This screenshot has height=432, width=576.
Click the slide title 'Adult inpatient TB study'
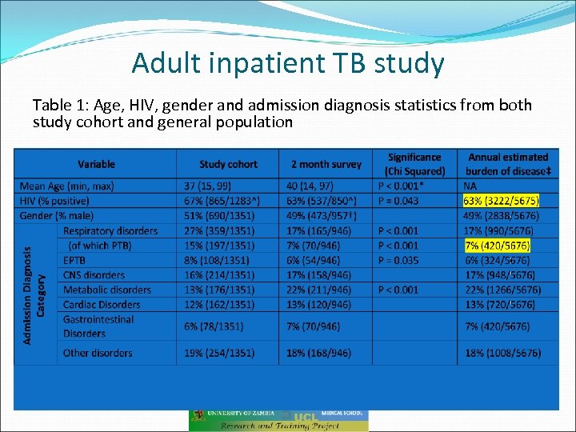point(288,62)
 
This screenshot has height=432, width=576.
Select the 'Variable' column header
point(96,164)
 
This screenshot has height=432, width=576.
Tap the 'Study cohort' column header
point(228,164)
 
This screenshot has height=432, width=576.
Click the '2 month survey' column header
point(326,164)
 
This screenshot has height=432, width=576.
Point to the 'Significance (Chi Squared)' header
point(414,164)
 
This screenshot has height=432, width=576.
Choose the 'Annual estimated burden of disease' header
point(507,164)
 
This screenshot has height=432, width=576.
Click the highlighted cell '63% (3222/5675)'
point(501,201)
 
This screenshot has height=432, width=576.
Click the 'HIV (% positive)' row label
point(54,201)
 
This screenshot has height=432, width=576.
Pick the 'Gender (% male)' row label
point(56,216)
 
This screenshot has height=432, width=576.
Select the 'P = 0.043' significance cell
point(398,201)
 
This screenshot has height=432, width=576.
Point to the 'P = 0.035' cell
point(398,260)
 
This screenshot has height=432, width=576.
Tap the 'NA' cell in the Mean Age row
point(470,186)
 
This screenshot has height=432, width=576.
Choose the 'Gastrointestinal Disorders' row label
point(98,326)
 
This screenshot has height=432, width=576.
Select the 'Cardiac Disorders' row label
point(102,305)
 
